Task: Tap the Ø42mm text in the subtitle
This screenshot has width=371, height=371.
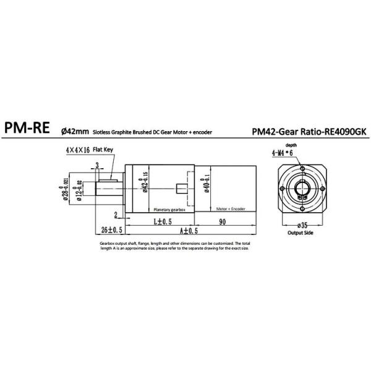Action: click(75, 132)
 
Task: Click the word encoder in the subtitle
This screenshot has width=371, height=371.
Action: click(220, 132)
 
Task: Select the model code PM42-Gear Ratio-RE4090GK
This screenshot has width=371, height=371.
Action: click(309, 131)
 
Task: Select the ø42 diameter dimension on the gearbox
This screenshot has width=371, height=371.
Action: click(145, 185)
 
